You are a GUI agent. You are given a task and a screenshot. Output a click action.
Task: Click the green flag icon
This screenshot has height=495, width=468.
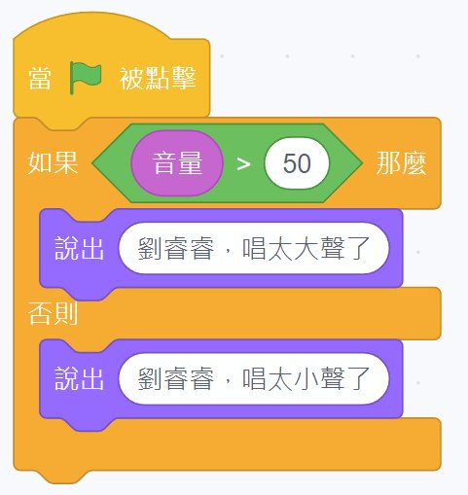tap(86, 78)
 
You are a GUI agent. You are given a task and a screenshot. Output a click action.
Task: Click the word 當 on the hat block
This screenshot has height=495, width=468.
tap(40, 78)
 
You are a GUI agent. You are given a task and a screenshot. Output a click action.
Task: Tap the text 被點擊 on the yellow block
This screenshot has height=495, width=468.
tap(158, 78)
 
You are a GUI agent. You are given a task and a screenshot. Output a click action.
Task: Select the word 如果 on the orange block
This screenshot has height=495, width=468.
tap(53, 162)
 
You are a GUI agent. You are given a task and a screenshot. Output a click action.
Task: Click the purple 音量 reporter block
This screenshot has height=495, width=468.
tap(177, 163)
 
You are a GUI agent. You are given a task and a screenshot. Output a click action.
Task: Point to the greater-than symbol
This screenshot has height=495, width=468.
tap(243, 164)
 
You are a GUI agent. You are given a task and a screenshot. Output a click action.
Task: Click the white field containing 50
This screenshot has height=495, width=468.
tap(297, 163)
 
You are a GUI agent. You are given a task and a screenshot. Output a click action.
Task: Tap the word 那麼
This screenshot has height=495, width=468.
tap(401, 163)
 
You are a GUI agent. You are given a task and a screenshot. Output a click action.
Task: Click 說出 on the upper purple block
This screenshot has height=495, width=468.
tap(79, 248)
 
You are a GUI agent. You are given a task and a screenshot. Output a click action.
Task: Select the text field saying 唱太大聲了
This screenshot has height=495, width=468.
tap(254, 248)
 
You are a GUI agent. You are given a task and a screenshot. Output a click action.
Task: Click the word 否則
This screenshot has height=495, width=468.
tap(53, 313)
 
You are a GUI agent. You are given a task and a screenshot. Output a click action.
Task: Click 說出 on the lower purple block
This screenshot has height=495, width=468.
tap(79, 378)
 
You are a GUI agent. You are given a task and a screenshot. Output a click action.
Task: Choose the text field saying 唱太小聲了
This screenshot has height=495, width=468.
tap(254, 378)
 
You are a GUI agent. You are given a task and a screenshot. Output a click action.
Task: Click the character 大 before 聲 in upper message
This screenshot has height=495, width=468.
tap(306, 248)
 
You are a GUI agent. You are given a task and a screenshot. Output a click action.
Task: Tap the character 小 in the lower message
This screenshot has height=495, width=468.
tap(306, 378)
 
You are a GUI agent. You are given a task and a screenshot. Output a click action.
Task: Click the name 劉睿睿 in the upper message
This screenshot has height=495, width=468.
tap(176, 248)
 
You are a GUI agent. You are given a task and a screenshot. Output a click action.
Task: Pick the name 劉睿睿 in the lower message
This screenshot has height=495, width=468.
tap(176, 378)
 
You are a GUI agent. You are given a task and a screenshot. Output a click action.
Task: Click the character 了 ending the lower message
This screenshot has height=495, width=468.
tap(359, 378)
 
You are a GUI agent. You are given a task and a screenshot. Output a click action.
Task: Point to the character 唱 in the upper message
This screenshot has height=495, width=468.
tap(254, 248)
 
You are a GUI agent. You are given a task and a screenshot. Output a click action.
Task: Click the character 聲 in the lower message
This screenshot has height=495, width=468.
tap(333, 378)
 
